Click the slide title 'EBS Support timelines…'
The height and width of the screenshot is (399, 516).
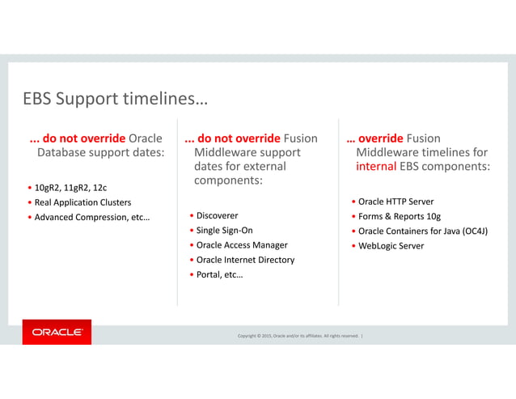coord(114,100)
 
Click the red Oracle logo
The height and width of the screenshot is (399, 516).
coord(57,332)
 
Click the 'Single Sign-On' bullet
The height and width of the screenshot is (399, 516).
coord(224,231)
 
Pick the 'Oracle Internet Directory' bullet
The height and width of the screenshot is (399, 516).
coord(245,260)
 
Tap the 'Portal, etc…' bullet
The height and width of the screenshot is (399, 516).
coord(219,275)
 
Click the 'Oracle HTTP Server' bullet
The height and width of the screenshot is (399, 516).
coord(395,202)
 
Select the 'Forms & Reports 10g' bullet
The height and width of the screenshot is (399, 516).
coord(399,216)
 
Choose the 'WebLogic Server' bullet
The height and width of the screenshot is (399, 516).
coord(391,245)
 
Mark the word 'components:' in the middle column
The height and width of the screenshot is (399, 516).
coord(228,180)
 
